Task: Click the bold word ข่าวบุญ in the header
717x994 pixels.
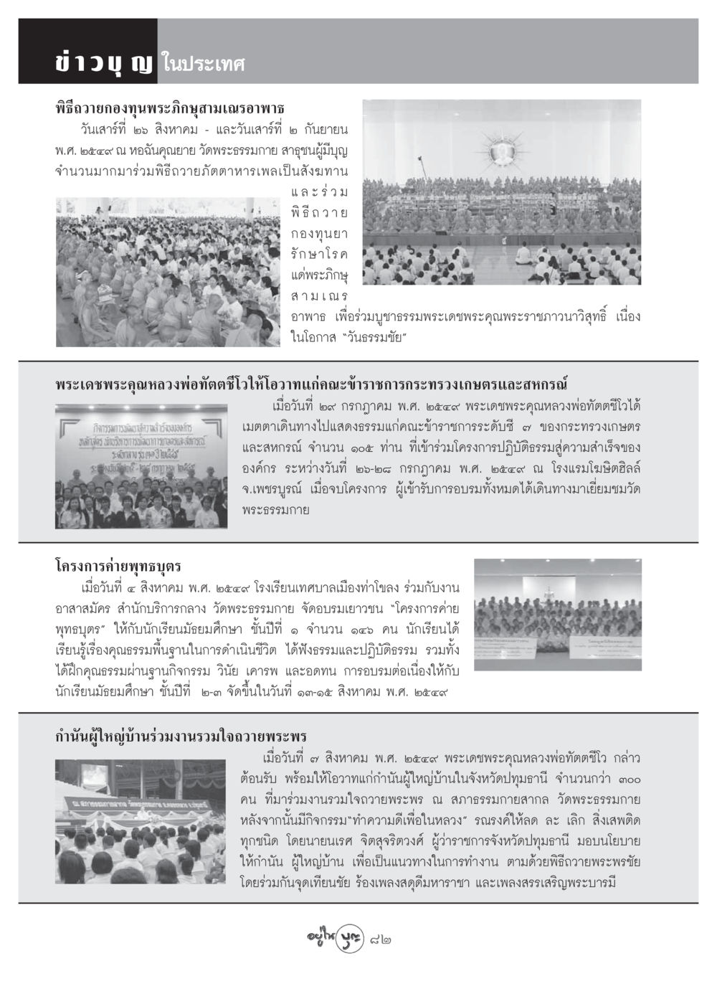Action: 103,63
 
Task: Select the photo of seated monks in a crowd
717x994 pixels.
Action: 168,272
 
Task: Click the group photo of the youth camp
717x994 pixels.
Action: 557,615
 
